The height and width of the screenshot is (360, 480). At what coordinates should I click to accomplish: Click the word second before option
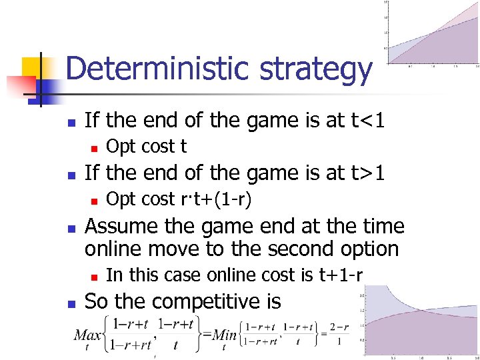305,249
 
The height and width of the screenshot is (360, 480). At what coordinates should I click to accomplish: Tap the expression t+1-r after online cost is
337,275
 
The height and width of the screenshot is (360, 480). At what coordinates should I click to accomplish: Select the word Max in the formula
87,333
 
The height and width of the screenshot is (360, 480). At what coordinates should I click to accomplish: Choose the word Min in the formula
227,333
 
